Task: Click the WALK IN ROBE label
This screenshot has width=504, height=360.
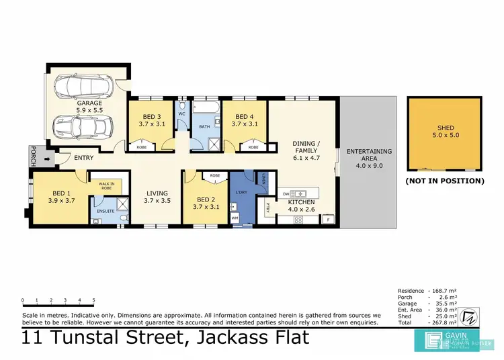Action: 107,186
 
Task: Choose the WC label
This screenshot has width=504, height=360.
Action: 181,114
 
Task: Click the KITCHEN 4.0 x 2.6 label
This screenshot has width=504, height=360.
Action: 301,206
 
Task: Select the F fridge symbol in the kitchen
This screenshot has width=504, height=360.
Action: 327,220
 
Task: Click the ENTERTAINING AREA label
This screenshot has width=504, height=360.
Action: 368,159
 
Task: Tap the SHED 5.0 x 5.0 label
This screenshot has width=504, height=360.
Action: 445,132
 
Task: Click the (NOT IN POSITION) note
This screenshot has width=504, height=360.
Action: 445,181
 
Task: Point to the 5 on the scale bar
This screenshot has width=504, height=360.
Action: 93,300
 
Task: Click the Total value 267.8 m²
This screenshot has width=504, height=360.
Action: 444,322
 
